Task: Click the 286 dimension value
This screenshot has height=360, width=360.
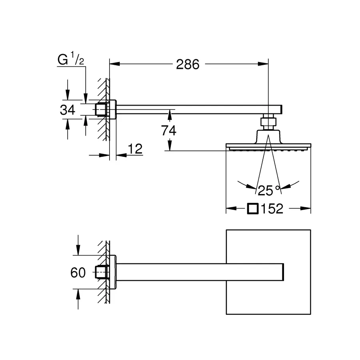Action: click(x=188, y=64)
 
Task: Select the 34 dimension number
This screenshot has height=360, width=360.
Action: click(x=67, y=110)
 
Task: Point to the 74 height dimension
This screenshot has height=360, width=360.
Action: click(x=168, y=130)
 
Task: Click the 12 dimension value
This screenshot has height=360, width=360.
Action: click(x=135, y=149)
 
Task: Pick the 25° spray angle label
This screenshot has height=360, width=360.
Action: click(x=269, y=190)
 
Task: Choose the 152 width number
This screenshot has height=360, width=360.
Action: click(x=272, y=209)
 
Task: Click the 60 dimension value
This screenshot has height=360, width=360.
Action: click(x=78, y=272)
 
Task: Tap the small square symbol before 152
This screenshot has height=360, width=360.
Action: click(x=253, y=209)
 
